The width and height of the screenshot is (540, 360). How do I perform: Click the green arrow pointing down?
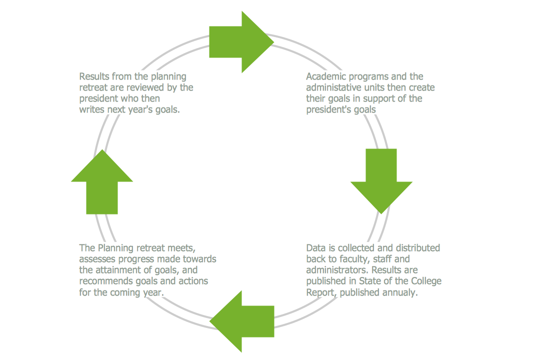pos(381,180)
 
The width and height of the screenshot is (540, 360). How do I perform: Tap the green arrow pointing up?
pos(102,182)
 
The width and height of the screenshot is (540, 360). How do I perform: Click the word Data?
pos(315,248)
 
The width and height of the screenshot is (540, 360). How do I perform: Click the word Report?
pos(320,292)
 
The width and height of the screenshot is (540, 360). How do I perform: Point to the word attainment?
pos(118,270)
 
